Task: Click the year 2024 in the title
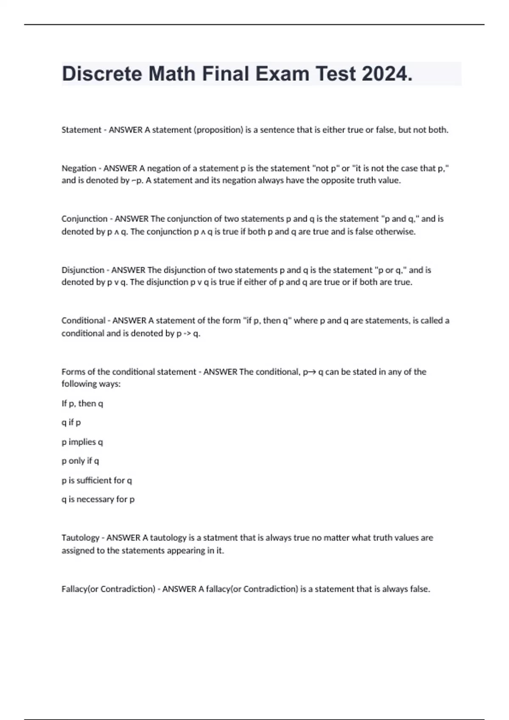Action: coord(387,74)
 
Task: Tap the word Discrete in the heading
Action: coord(102,74)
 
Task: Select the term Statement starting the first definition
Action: coord(81,130)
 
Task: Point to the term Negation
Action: coord(79,168)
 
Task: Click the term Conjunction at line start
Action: coord(84,219)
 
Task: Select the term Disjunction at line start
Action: coord(83,270)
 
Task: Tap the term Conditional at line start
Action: coord(83,321)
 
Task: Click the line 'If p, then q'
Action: coord(82,403)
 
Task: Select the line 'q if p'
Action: coord(71,422)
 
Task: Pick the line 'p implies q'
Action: coord(82,442)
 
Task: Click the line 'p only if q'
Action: coord(80,461)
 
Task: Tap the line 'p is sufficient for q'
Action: coord(97,480)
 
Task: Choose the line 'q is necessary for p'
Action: coord(98,499)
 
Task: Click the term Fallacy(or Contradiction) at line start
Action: coord(108,589)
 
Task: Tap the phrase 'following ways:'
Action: coord(91,384)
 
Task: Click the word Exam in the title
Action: coord(283,74)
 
